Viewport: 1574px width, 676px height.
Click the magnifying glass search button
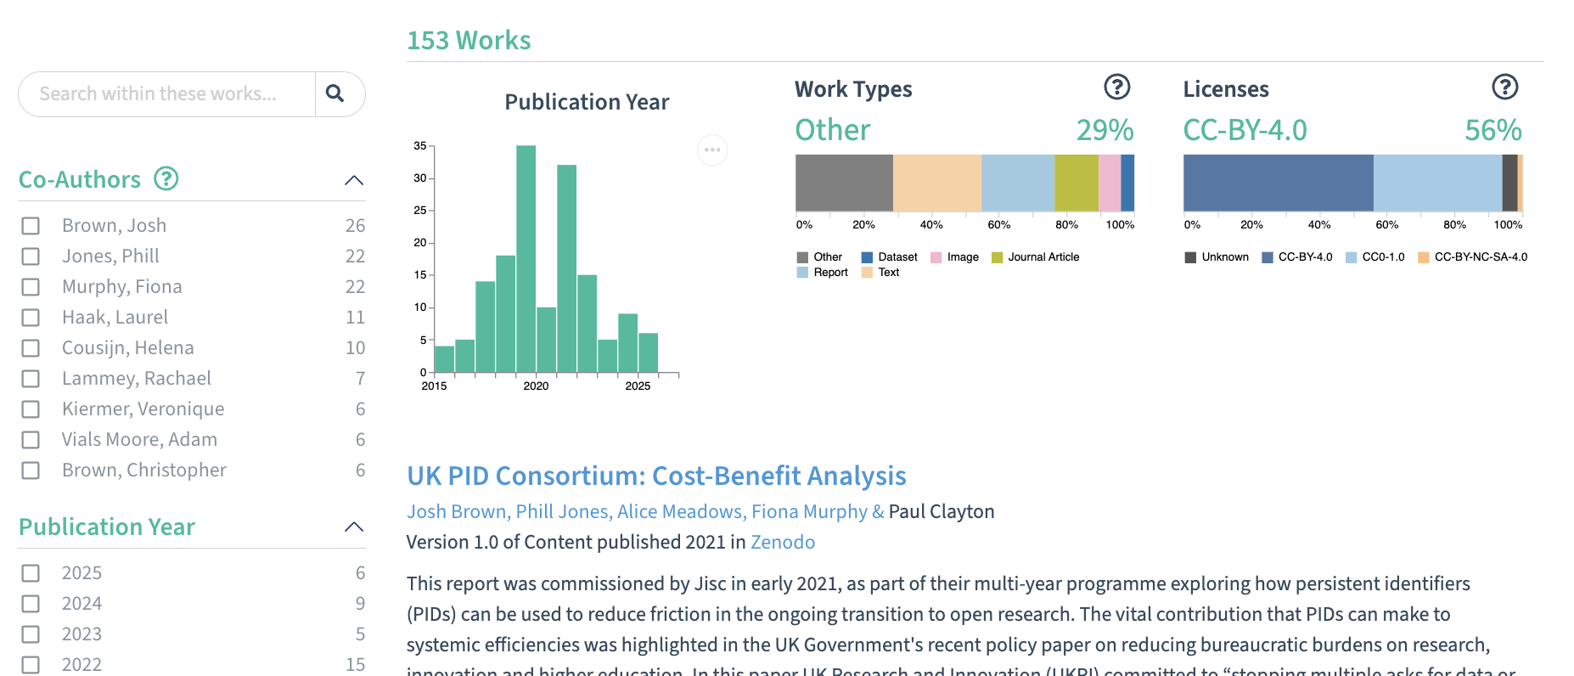pos(335,93)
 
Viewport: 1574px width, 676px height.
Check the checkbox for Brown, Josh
pos(31,226)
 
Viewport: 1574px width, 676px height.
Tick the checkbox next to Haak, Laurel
pos(31,318)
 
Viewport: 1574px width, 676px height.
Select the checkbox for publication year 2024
pos(31,604)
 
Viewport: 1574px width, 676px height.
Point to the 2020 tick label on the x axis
pos(536,386)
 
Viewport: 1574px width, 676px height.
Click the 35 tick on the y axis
pos(420,146)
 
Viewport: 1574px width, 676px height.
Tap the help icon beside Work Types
pos(1116,87)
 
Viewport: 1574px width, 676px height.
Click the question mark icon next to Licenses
pos(1504,87)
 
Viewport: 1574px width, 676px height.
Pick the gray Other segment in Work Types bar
pos(844,183)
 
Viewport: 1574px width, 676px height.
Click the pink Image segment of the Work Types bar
pos(1109,183)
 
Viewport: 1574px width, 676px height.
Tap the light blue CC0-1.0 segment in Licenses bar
pos(1436,183)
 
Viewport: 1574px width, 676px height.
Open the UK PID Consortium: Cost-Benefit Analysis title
pos(656,476)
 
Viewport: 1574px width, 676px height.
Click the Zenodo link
pos(782,543)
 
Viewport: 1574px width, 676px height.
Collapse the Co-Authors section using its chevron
pos(354,180)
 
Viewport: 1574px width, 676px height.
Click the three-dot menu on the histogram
pos(711,150)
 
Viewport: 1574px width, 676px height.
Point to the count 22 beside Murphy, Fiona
pos(355,287)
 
